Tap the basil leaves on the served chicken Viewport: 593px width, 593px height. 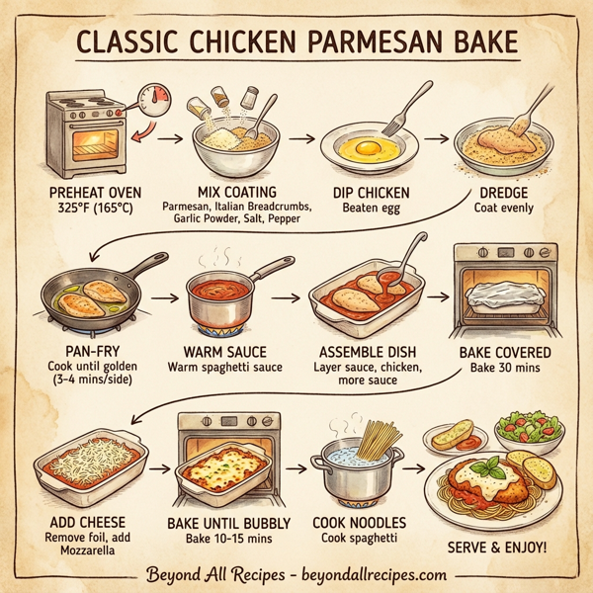484,465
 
